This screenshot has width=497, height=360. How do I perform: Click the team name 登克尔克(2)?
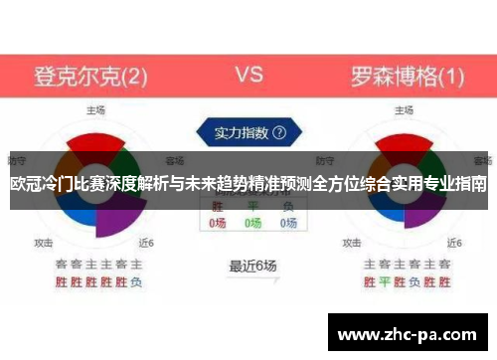click(91, 75)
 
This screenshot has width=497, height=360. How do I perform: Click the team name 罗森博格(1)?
click(407, 75)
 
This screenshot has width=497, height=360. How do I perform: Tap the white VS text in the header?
click(248, 74)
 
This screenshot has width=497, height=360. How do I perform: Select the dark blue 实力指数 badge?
click(248, 131)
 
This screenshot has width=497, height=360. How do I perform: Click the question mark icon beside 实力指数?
click(279, 131)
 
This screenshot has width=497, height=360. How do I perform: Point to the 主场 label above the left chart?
click(95, 109)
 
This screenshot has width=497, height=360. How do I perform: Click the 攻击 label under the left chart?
click(44, 242)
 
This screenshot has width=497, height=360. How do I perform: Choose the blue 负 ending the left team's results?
click(136, 282)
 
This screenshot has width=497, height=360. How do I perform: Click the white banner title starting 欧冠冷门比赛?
click(248, 185)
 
